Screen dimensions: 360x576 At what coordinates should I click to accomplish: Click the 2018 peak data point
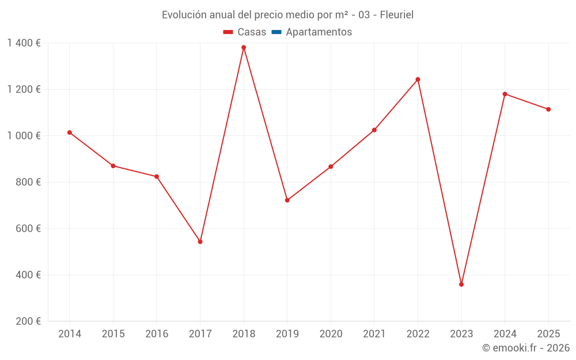click(244, 47)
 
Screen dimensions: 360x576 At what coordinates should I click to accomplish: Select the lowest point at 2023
click(461, 285)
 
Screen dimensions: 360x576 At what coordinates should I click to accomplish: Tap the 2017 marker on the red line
click(200, 242)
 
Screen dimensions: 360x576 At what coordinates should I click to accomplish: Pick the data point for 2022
click(418, 79)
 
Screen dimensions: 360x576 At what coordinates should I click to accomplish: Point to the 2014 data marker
click(70, 132)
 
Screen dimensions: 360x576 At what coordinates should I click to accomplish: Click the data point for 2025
click(548, 109)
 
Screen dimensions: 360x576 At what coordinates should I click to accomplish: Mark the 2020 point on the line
click(331, 166)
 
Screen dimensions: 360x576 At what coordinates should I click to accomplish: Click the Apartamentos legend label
click(319, 32)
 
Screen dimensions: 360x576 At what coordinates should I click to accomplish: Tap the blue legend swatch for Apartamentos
click(276, 32)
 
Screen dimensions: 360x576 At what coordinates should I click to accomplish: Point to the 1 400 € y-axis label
click(24, 43)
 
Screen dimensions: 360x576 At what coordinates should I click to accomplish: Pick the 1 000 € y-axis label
click(24, 136)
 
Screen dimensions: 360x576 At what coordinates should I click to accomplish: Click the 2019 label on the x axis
click(287, 334)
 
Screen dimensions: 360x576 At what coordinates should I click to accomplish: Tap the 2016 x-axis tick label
click(157, 334)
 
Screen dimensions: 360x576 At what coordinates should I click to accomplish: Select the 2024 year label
click(505, 334)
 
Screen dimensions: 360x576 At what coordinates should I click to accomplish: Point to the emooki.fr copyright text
click(526, 348)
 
